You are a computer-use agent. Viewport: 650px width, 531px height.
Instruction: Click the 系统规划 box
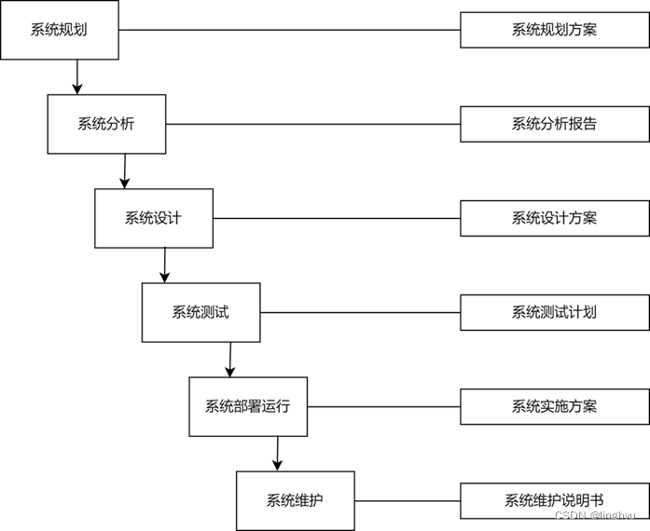tap(59, 30)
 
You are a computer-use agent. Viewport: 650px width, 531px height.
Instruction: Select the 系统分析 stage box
tap(106, 124)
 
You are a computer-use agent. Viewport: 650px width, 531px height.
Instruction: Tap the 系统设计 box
tap(153, 218)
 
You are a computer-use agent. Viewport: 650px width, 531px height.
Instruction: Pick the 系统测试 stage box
tap(201, 312)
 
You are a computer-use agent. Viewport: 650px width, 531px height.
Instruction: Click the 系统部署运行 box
tap(248, 406)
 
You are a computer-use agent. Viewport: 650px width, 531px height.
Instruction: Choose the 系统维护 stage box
tap(295, 500)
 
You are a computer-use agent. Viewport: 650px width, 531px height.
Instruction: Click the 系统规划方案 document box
tap(554, 30)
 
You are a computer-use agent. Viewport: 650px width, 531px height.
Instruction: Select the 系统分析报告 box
tap(554, 124)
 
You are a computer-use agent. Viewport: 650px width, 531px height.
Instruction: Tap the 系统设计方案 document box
tap(554, 218)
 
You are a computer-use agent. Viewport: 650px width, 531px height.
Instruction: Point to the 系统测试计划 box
tap(554, 312)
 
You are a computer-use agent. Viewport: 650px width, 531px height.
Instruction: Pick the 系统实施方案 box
tap(554, 406)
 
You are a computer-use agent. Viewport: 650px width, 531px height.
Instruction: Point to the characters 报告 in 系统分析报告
tap(583, 124)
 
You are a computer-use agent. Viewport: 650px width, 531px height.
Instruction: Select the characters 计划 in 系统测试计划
tap(583, 312)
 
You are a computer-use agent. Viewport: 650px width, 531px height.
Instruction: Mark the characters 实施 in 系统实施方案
tap(554, 406)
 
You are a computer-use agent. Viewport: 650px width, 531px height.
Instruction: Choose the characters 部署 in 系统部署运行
tap(248, 406)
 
